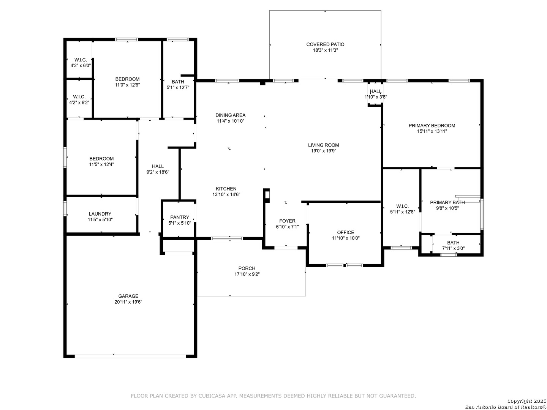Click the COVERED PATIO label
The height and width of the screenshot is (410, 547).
click(x=325, y=44)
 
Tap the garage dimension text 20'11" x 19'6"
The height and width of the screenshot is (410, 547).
click(x=128, y=302)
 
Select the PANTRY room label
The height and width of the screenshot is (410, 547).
click(x=179, y=217)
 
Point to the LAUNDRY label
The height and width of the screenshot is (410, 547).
click(x=100, y=214)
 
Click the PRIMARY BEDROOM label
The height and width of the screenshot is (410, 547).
click(x=432, y=125)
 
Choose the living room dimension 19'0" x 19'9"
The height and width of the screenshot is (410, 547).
click(x=324, y=151)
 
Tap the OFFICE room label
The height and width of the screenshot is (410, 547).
click(x=345, y=232)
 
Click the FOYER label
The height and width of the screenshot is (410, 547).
click(x=287, y=221)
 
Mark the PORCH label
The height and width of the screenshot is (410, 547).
click(x=247, y=268)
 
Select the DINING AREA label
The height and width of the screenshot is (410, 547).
click(x=230, y=115)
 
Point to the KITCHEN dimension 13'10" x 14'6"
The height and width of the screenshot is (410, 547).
click(x=226, y=194)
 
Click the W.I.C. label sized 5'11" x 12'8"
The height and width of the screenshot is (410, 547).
click(x=402, y=206)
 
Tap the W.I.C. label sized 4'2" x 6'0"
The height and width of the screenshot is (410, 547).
click(x=81, y=60)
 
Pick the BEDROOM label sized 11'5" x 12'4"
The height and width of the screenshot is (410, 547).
click(x=101, y=159)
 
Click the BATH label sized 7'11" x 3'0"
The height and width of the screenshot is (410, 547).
click(x=453, y=243)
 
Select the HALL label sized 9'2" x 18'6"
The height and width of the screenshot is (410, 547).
click(x=158, y=166)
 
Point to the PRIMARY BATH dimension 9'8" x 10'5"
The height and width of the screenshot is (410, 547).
click(x=447, y=208)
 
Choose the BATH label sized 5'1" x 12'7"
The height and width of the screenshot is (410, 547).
click(x=178, y=82)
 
